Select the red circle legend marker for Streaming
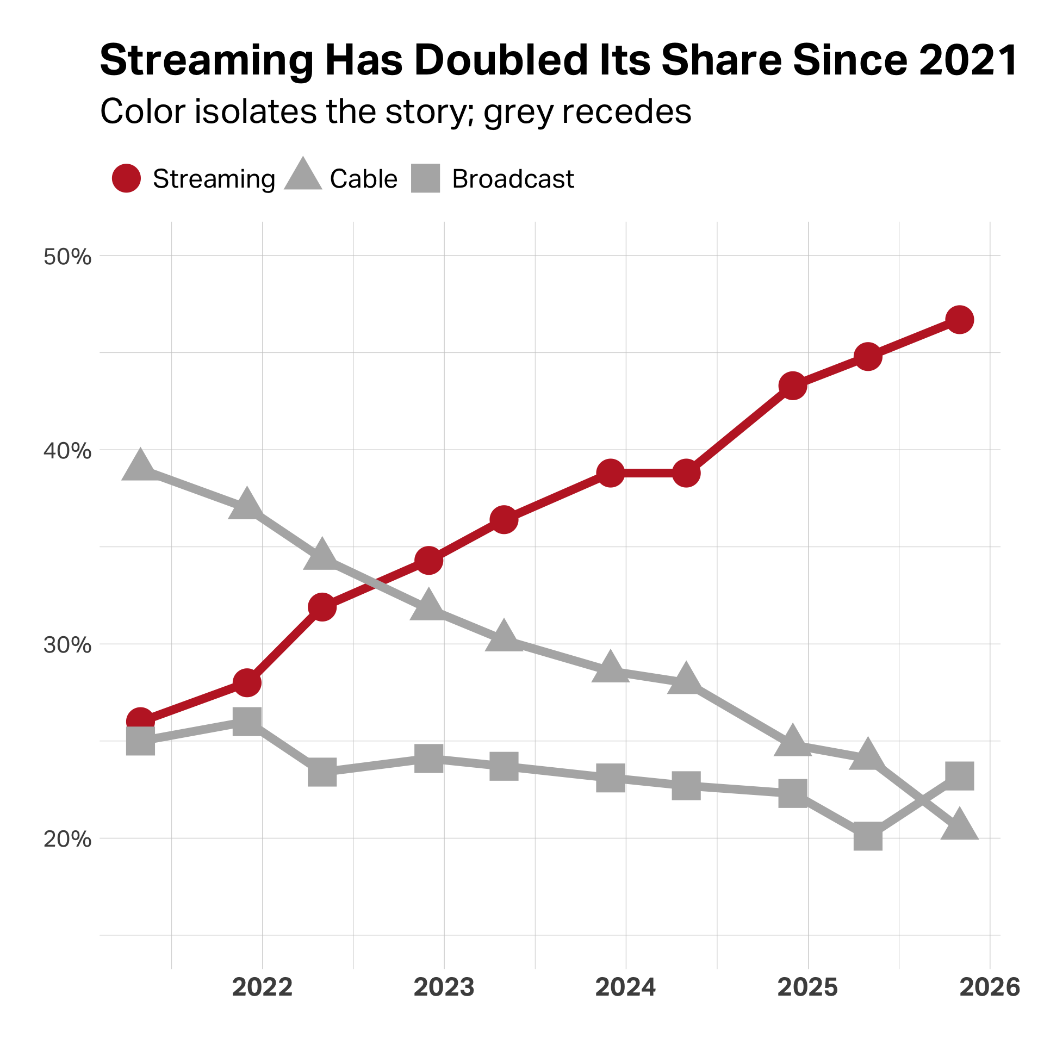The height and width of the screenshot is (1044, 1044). pyautogui.click(x=126, y=178)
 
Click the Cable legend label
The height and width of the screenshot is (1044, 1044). pyautogui.click(x=363, y=179)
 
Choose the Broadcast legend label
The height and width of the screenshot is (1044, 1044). pyautogui.click(x=513, y=179)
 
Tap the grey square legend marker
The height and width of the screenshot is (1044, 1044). pyautogui.click(x=425, y=178)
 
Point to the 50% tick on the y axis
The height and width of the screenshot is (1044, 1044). pyautogui.click(x=67, y=257)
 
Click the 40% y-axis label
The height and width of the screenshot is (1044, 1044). pyautogui.click(x=67, y=451)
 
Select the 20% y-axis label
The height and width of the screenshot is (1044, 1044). pyautogui.click(x=67, y=839)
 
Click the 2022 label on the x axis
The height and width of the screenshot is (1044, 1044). pyautogui.click(x=262, y=987)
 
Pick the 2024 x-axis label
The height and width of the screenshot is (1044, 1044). pyautogui.click(x=625, y=987)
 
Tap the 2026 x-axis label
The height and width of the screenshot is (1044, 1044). pyautogui.click(x=990, y=987)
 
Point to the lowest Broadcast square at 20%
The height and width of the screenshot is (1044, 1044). pyautogui.click(x=868, y=836)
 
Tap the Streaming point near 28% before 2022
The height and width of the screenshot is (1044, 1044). pyautogui.click(x=247, y=682)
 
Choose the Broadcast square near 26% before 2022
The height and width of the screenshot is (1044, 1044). pyautogui.click(x=247, y=722)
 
